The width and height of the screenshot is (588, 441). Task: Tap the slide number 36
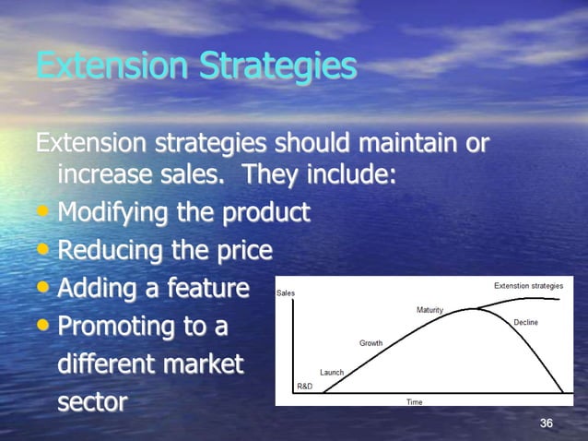click(x=547, y=423)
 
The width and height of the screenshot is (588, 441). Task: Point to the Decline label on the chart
click(x=525, y=322)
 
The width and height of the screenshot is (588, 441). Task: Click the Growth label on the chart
click(x=370, y=343)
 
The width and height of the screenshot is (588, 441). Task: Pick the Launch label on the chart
click(x=332, y=372)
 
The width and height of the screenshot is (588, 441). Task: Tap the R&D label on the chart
click(x=304, y=385)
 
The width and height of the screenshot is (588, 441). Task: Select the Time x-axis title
click(x=415, y=402)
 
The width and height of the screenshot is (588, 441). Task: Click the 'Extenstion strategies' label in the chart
click(x=528, y=286)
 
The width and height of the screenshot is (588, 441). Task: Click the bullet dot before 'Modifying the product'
click(x=44, y=214)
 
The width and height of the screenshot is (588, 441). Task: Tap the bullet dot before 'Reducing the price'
click(x=44, y=252)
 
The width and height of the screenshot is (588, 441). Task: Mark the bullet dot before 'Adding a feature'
click(x=44, y=290)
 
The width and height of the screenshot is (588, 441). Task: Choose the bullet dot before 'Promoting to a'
click(x=44, y=328)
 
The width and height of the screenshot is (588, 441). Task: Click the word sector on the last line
click(x=92, y=403)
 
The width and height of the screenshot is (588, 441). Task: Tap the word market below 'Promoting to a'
click(x=203, y=364)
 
